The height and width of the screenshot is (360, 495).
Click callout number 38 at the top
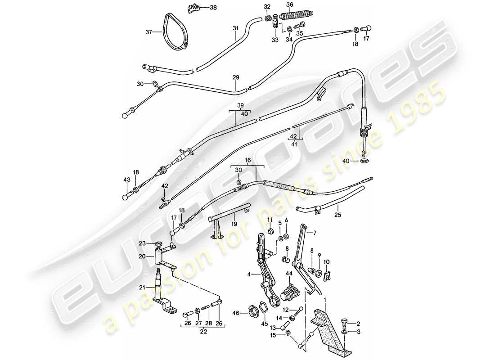coord(213,8)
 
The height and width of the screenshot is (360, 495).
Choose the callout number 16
coord(247,160)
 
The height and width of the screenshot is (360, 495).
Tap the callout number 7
coord(315,232)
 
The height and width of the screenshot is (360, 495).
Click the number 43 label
coord(126,180)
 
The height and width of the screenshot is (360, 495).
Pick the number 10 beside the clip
coord(326,261)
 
